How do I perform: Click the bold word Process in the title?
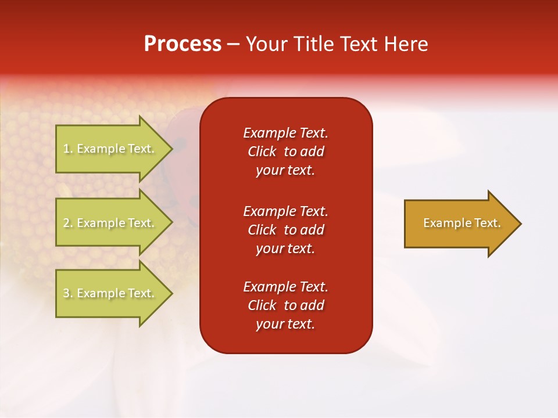click(183, 44)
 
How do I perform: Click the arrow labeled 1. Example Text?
click(110, 149)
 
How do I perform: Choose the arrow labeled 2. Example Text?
click(110, 223)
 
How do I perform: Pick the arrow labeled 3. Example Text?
click(110, 293)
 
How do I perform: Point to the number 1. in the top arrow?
click(68, 149)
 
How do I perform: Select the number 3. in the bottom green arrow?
click(68, 294)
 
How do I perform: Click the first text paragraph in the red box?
click(285, 152)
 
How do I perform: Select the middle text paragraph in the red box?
click(285, 230)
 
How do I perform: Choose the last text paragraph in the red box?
click(285, 305)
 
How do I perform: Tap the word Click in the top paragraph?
click(262, 152)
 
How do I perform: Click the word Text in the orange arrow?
click(488, 223)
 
